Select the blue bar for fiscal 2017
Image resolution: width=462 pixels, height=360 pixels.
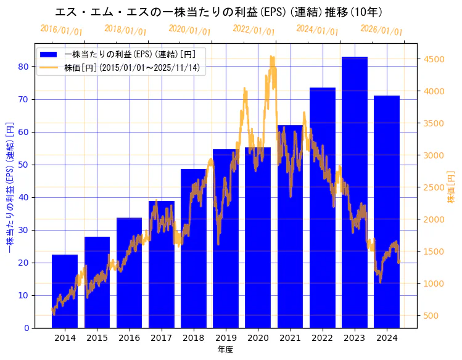(161, 264)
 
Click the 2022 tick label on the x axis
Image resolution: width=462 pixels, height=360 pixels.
(323, 337)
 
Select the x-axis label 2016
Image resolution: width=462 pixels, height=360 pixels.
(129, 337)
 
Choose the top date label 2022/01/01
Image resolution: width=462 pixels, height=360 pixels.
(254, 30)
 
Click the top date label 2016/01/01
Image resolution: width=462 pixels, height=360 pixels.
(61, 30)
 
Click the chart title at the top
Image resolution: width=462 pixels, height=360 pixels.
(219, 12)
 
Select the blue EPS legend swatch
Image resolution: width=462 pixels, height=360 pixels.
(49, 54)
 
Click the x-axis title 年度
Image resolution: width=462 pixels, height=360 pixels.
(225, 350)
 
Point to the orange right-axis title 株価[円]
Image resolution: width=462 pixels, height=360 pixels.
(451, 189)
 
